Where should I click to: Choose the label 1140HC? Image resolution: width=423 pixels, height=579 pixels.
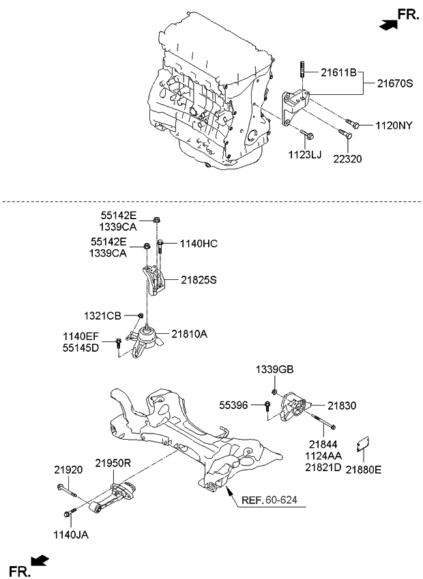click(x=199, y=242)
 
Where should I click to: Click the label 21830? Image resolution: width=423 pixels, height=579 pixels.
click(x=342, y=406)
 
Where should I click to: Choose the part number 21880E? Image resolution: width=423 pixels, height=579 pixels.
click(x=364, y=469)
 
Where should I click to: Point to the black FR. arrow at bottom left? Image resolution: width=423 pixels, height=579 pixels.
click(x=41, y=561)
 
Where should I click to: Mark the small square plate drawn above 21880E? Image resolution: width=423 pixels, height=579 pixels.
click(x=368, y=444)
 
